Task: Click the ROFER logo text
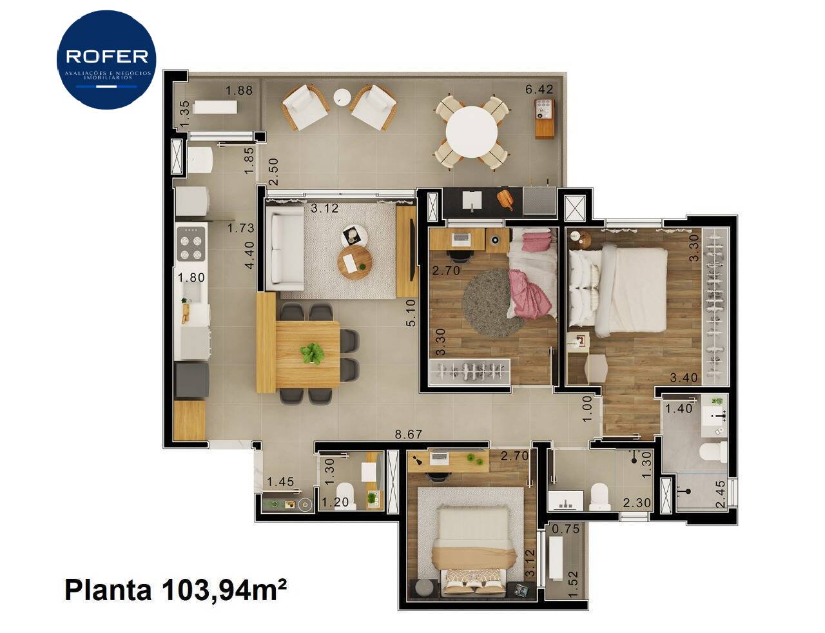click(x=107, y=57)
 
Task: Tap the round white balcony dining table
click(x=471, y=131)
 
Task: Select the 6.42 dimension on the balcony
click(x=539, y=89)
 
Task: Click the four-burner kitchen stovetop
click(x=191, y=243)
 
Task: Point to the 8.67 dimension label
click(x=408, y=434)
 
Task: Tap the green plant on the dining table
click(x=312, y=353)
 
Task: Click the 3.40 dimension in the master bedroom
click(x=684, y=378)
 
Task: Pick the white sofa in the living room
click(x=287, y=249)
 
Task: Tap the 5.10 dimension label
click(x=411, y=313)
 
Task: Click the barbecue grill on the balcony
click(x=545, y=118)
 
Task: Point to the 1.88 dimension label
click(x=239, y=90)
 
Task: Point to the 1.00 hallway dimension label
click(x=587, y=409)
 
